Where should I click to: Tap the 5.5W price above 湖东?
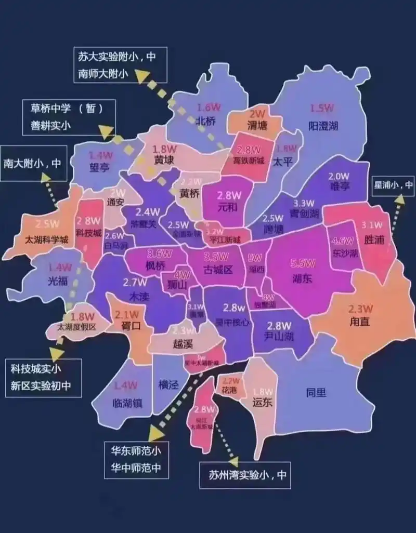(x=302, y=263)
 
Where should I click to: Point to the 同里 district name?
(x=316, y=392)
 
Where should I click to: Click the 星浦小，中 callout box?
(x=393, y=184)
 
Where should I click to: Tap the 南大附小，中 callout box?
(x=33, y=163)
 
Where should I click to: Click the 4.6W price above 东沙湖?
(x=343, y=241)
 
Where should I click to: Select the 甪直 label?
(x=359, y=322)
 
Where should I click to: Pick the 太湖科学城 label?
(x=47, y=239)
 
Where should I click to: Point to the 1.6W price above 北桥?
(x=209, y=108)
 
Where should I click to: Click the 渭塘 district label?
(x=256, y=125)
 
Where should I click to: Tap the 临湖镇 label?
(x=127, y=403)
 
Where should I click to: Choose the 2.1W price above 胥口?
(x=127, y=314)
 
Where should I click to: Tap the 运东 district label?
(x=262, y=402)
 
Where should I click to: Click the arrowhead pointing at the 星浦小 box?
(x=399, y=198)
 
